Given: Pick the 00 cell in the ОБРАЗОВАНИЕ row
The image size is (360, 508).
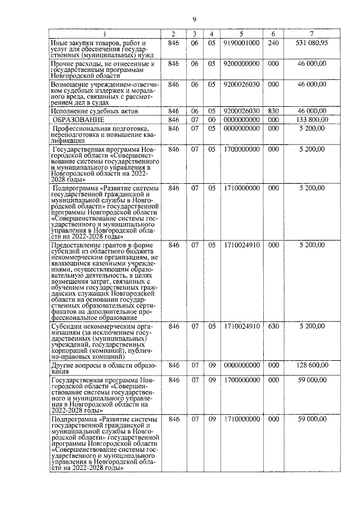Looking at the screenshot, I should tap(211, 120).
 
